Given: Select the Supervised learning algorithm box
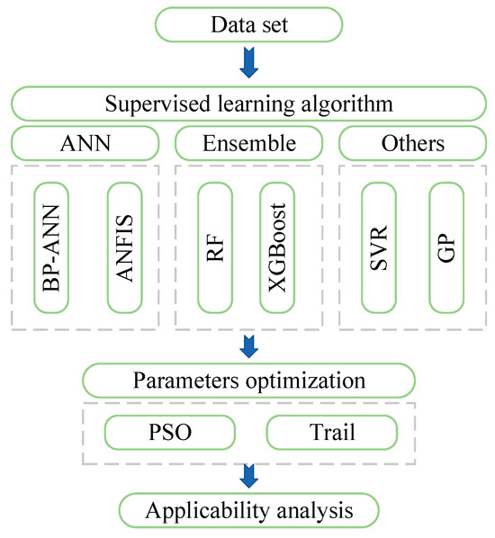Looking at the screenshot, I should tap(248, 103).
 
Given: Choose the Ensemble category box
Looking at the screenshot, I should tap(248, 143).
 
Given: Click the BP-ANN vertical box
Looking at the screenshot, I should tap(50, 247).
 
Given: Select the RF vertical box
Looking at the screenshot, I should tap(214, 247).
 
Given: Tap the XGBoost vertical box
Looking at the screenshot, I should tap(278, 247).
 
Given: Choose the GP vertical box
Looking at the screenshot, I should tap(447, 247).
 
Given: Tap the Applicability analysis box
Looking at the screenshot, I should tap(248, 512).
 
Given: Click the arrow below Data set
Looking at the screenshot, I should tap(248, 61).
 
